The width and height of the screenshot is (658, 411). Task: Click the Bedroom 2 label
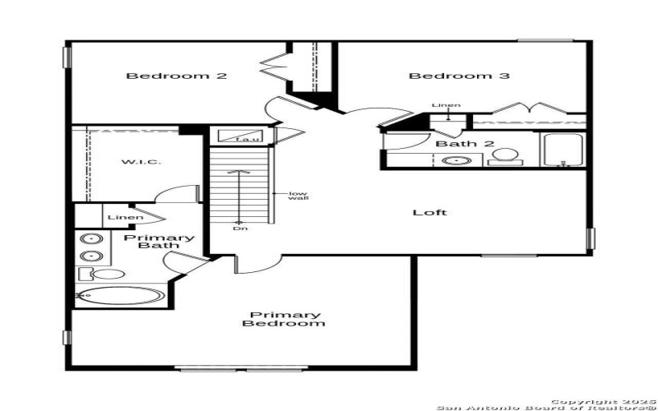(x=176, y=76)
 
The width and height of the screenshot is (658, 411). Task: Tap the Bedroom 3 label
(x=459, y=76)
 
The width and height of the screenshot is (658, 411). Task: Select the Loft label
(x=429, y=213)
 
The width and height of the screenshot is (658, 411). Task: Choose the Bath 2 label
(x=465, y=144)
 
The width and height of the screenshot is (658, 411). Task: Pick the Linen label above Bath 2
(x=446, y=106)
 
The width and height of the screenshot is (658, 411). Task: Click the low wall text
(x=297, y=197)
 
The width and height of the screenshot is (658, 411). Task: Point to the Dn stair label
(x=239, y=228)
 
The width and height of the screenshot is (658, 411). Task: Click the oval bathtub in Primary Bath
(x=123, y=297)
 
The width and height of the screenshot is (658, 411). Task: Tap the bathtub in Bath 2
(x=563, y=150)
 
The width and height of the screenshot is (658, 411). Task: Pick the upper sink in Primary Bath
(x=90, y=239)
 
